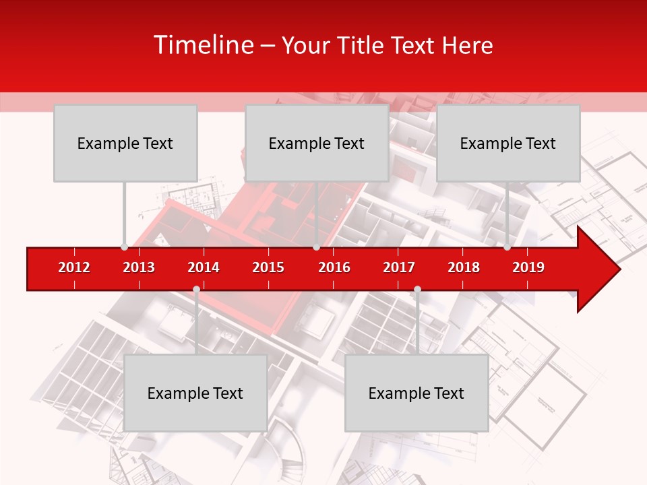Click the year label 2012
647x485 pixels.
[x=74, y=267]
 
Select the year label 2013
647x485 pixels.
[x=139, y=267]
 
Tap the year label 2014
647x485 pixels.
[x=204, y=267]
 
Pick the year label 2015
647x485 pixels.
[x=268, y=267]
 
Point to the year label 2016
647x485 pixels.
[x=334, y=267]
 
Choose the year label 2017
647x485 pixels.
[x=399, y=267]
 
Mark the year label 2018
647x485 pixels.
[x=464, y=267]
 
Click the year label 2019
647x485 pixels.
[x=528, y=267]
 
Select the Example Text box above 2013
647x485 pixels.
[x=125, y=143]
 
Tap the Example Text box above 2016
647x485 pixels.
[x=317, y=143]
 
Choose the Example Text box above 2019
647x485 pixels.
[x=508, y=143]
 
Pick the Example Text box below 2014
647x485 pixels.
[x=195, y=393]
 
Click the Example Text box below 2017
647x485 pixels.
[x=417, y=393]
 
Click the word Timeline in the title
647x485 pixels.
[x=203, y=45]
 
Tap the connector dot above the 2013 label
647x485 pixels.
[x=124, y=247]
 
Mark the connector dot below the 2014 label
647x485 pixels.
[x=196, y=290]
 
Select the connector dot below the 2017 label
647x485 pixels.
[x=417, y=290]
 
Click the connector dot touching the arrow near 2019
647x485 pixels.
[x=507, y=247]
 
